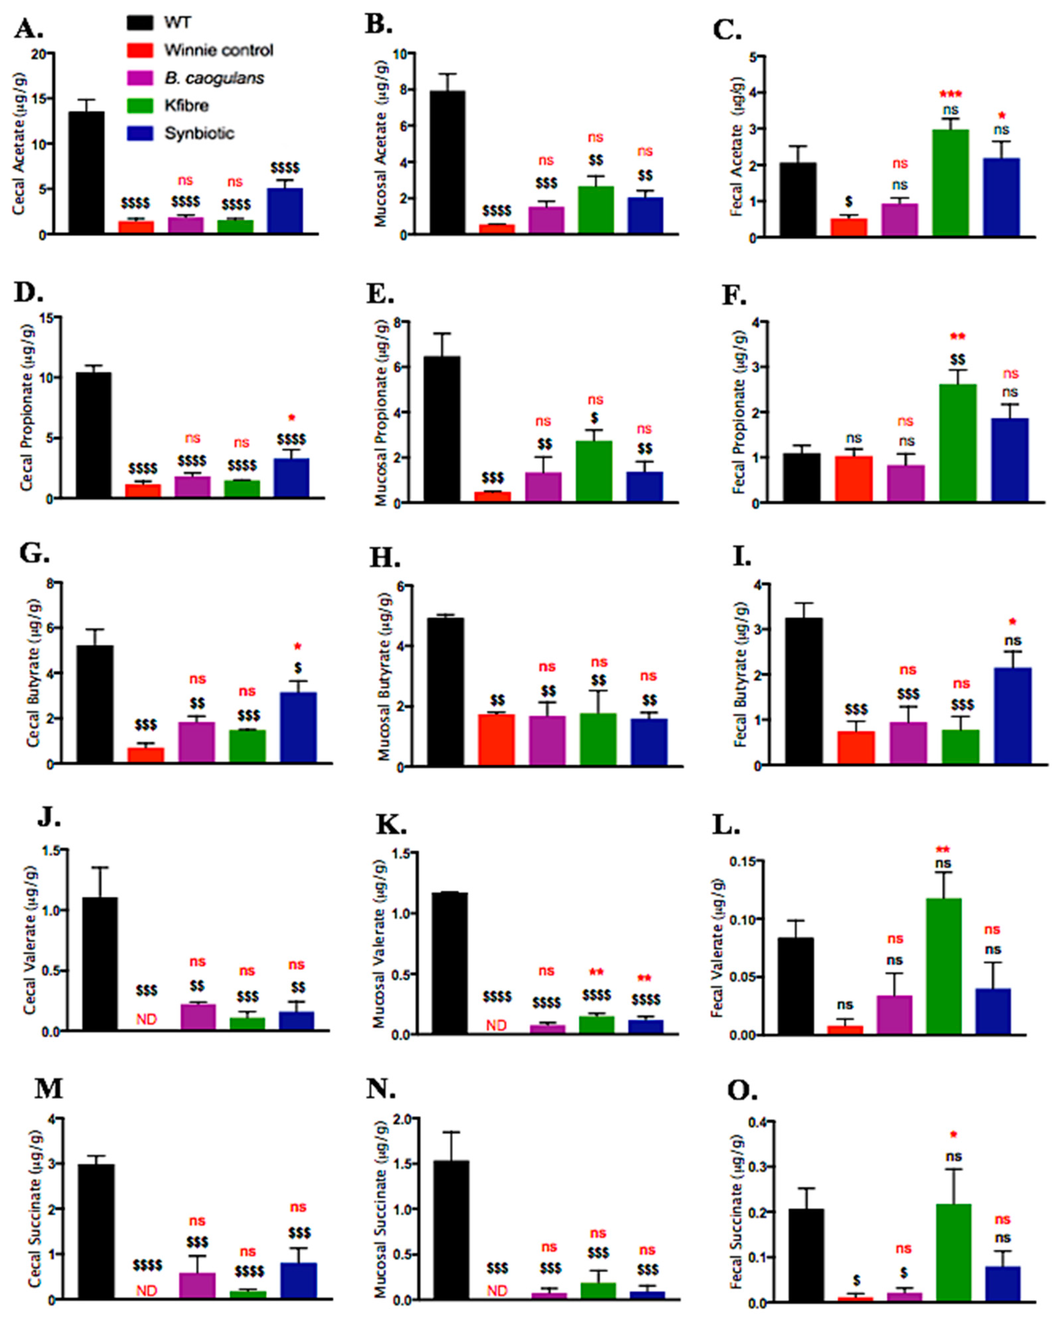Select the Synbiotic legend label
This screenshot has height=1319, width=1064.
click(199, 133)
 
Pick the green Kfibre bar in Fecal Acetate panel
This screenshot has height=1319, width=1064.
click(950, 183)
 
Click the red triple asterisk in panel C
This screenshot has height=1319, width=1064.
click(951, 94)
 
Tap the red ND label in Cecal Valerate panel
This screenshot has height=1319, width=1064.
click(146, 1019)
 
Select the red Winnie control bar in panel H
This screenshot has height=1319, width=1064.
click(496, 740)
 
